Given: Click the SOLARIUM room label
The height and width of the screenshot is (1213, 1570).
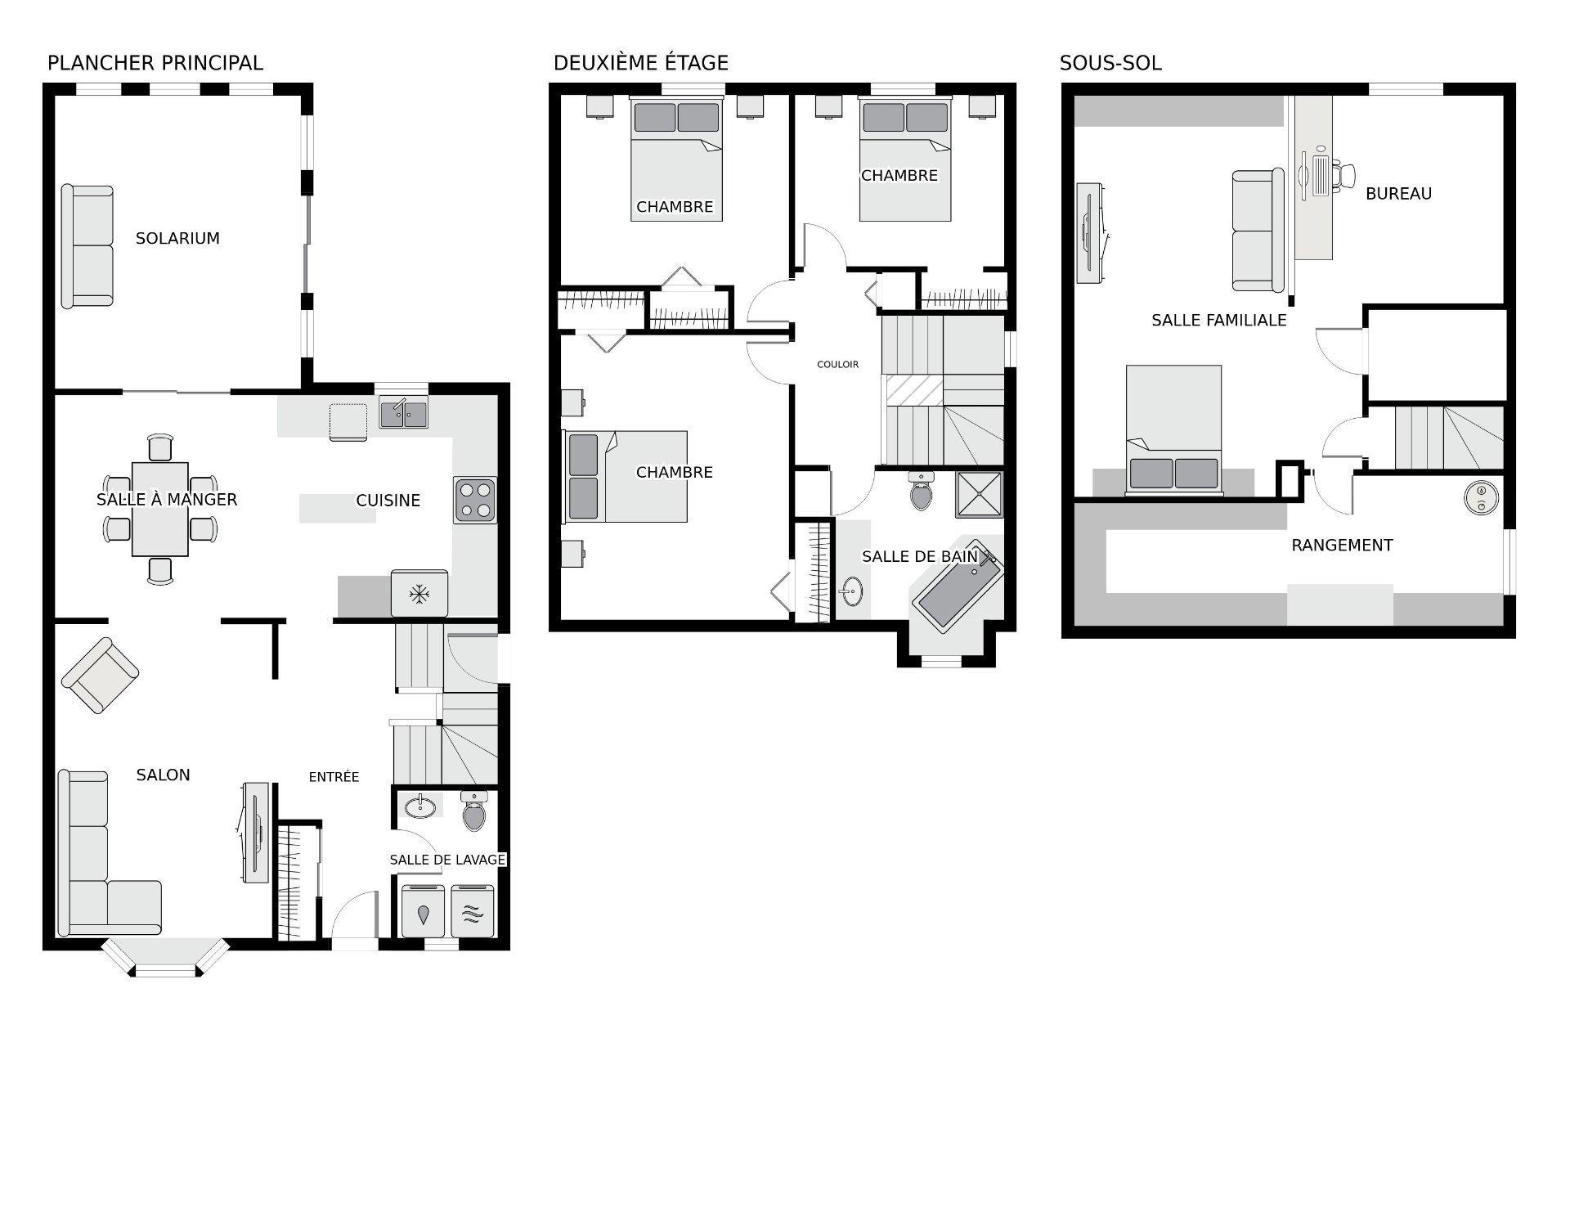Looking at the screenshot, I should pyautogui.click(x=177, y=239).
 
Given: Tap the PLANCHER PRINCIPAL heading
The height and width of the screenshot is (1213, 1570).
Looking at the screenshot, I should pyautogui.click(x=155, y=63).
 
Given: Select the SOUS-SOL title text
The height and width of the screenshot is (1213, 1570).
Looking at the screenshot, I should pyautogui.click(x=1110, y=63).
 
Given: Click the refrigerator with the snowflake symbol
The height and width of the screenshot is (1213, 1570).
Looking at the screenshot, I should pyautogui.click(x=419, y=594).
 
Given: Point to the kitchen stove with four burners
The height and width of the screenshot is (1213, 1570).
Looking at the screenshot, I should pyautogui.click(x=475, y=501).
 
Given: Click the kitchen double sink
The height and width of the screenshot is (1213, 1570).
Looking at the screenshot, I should pyautogui.click(x=404, y=411).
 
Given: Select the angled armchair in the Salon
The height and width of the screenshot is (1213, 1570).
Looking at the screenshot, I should pyautogui.click(x=100, y=676).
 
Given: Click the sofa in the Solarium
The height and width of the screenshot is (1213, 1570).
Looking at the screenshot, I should pyautogui.click(x=87, y=246).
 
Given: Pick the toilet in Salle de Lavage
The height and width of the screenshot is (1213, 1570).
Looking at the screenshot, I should pyautogui.click(x=474, y=811).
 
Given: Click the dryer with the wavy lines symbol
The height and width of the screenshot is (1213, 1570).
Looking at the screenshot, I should pyautogui.click(x=472, y=911).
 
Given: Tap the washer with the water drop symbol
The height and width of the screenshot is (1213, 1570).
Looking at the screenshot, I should pyautogui.click(x=424, y=911).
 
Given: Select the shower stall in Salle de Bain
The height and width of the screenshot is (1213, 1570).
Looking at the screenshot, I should pyautogui.click(x=979, y=494).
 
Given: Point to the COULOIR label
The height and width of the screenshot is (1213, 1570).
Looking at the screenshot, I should pyautogui.click(x=838, y=365).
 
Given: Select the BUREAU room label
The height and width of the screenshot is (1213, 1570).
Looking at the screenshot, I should pyautogui.click(x=1398, y=194).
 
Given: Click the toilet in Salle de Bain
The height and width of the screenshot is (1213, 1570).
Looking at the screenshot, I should pyautogui.click(x=922, y=491).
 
